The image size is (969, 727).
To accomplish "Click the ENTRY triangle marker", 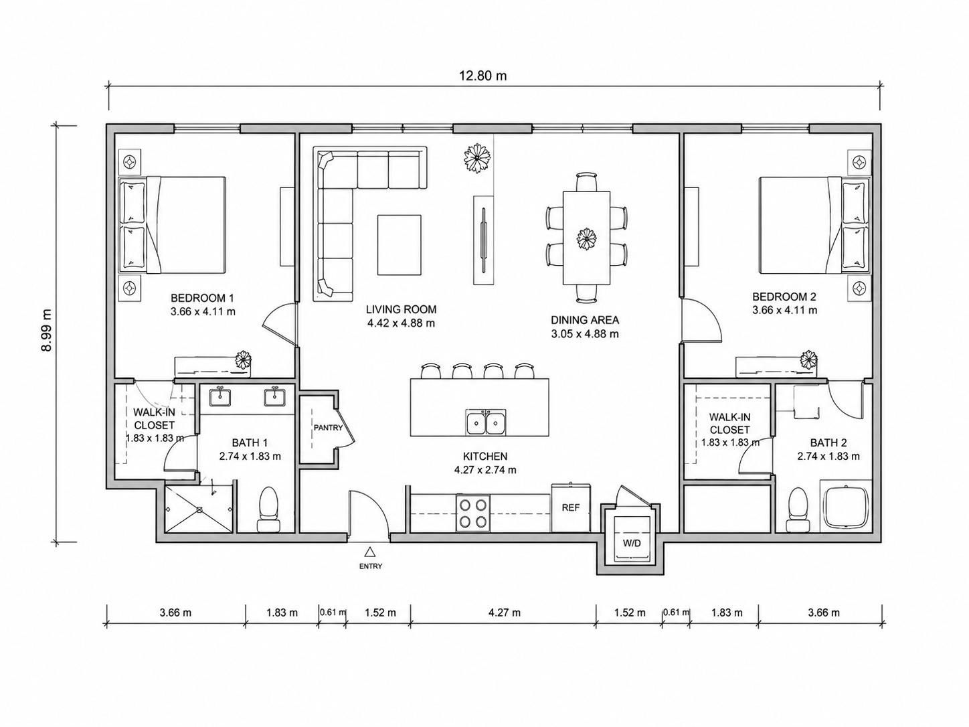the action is click(x=370, y=552).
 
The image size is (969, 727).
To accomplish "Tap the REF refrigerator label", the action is click(x=570, y=507).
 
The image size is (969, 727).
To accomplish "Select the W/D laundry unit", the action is click(x=631, y=538).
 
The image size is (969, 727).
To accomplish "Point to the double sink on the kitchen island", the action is click(x=486, y=422).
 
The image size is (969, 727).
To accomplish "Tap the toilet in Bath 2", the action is click(x=798, y=509).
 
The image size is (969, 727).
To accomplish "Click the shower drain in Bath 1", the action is click(x=199, y=509).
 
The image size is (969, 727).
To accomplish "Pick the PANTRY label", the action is click(x=328, y=427).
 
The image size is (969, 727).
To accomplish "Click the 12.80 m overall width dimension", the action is click(x=483, y=76).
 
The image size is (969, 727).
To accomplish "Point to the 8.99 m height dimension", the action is click(x=46, y=330).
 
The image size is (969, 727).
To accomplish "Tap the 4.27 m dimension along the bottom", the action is click(x=504, y=613).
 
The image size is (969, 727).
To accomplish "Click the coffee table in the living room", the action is click(x=399, y=245).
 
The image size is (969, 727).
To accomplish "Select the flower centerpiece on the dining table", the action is click(x=587, y=239).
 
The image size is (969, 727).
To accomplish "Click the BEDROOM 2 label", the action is click(x=784, y=297).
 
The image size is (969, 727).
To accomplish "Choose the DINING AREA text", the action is click(x=585, y=319).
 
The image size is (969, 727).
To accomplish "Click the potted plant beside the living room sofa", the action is click(x=476, y=158).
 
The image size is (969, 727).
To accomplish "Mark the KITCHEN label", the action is click(x=485, y=456).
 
